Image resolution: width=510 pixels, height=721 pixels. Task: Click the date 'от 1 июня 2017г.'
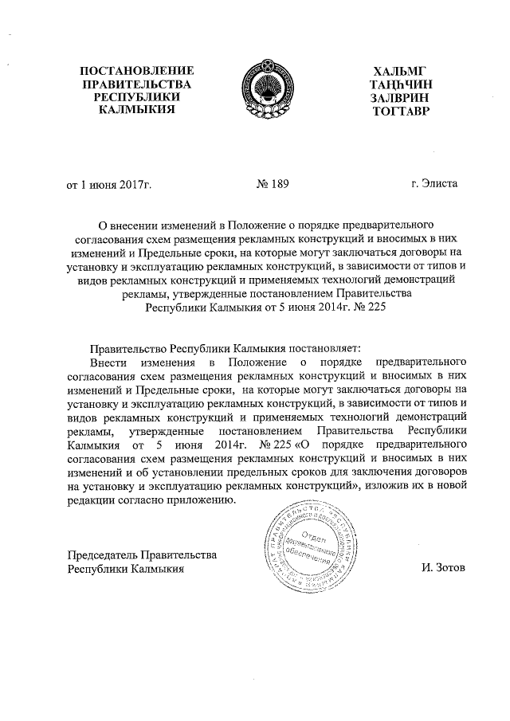point(108,185)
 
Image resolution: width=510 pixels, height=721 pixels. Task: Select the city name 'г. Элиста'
point(434,185)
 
